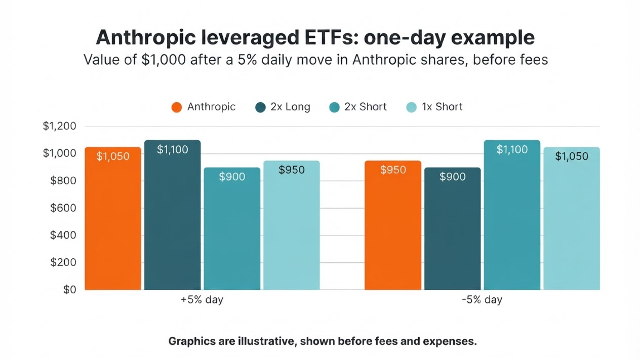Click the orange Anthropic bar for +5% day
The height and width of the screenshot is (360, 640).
(x=113, y=218)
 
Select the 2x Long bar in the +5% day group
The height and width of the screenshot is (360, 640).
(x=172, y=215)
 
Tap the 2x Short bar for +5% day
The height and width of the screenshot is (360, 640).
(x=232, y=228)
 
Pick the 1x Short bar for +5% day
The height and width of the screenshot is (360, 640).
(x=291, y=225)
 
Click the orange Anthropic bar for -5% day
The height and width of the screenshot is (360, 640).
(x=393, y=225)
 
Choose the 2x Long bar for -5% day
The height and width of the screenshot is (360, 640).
(x=453, y=228)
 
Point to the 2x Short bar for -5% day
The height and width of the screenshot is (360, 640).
(x=512, y=215)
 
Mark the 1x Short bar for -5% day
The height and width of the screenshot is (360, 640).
(x=572, y=218)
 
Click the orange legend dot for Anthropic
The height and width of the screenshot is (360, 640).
(x=177, y=107)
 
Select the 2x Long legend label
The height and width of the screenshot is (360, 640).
(x=290, y=107)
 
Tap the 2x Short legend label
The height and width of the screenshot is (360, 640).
(x=366, y=107)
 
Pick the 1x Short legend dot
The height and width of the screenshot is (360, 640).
(x=411, y=107)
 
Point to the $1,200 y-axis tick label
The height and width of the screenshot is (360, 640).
(x=60, y=126)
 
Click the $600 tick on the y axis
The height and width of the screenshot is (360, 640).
(x=63, y=208)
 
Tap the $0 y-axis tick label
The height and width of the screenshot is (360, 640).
(x=70, y=290)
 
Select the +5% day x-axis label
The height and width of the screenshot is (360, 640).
(x=202, y=300)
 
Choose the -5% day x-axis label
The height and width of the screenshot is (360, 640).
(x=482, y=300)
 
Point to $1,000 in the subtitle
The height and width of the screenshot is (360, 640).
(x=164, y=60)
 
